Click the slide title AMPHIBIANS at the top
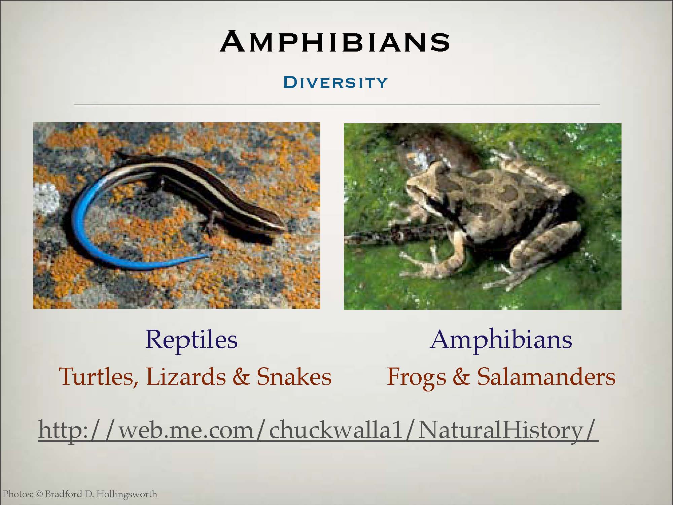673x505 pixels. click(x=335, y=41)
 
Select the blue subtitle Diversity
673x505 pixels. click(x=335, y=83)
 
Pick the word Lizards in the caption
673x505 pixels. click(x=186, y=376)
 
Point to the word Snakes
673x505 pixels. click(x=294, y=376)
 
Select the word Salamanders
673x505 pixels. click(x=546, y=376)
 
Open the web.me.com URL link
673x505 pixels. click(x=318, y=429)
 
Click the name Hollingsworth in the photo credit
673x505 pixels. click(x=127, y=495)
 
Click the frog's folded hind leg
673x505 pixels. click(x=545, y=246)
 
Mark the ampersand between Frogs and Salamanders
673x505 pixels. click(x=461, y=377)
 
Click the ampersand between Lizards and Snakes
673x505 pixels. click(x=241, y=377)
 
